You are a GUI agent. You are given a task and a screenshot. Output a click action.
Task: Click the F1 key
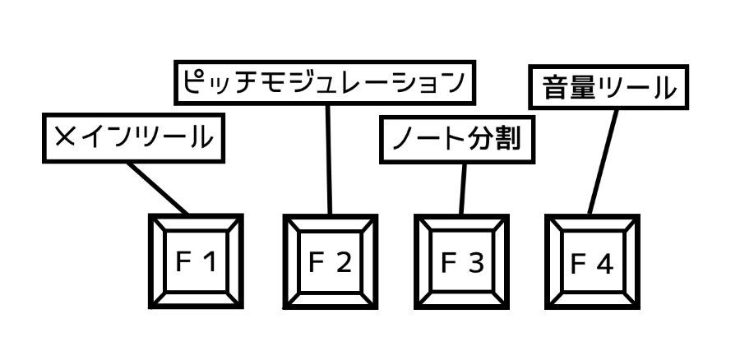(196, 261)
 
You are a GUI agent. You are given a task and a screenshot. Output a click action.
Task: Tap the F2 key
(330, 261)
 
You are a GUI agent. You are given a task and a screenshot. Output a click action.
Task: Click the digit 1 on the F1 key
(209, 262)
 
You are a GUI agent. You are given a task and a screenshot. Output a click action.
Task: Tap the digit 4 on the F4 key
(604, 265)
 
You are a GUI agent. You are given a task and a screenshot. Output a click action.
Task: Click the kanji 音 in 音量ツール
(555, 86)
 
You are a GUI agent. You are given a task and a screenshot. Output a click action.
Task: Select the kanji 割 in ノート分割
(509, 140)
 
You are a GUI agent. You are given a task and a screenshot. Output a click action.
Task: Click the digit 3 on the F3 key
(474, 262)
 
